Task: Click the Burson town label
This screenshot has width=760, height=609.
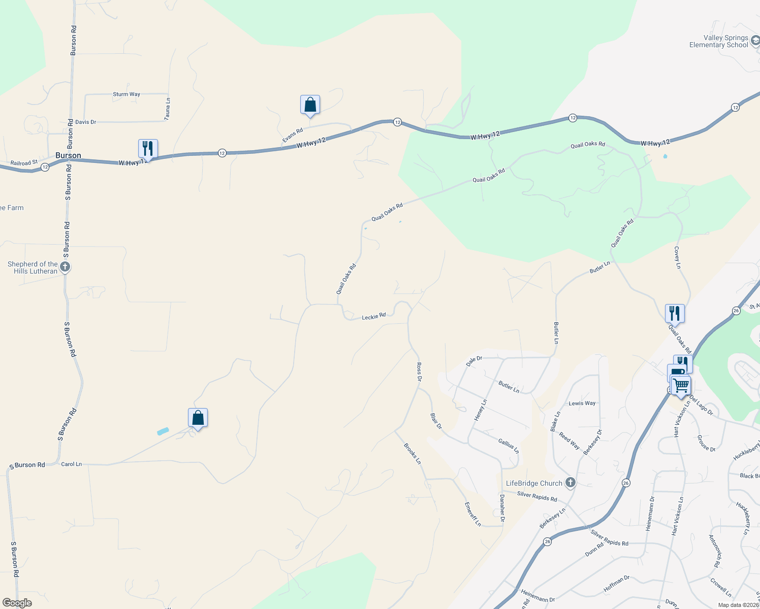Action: [68, 155]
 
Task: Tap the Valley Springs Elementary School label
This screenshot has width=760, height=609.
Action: [718, 42]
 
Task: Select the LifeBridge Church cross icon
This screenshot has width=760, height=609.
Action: [570, 483]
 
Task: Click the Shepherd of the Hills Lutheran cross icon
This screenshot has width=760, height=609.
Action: [65, 266]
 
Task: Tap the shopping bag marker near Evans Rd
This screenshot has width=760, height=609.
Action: [310, 105]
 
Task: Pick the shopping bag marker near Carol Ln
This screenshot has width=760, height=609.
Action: [198, 418]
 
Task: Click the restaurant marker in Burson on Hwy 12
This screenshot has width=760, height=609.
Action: [148, 149]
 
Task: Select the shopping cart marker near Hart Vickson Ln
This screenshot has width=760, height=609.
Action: [681, 385]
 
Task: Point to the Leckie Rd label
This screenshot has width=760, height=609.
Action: [373, 317]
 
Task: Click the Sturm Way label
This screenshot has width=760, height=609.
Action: [126, 94]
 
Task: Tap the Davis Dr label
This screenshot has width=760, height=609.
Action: [85, 122]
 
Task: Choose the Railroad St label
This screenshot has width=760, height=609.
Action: [24, 163]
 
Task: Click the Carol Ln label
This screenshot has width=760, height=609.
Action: [71, 464]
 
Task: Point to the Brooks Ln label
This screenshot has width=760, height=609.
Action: [413, 454]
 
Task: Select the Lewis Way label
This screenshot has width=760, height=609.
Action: [582, 403]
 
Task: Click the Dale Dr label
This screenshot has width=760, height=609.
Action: [474, 361]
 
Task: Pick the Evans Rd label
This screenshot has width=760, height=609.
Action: [293, 135]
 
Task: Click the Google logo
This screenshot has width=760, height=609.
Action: [17, 603]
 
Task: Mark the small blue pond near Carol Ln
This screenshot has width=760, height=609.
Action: [163, 431]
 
